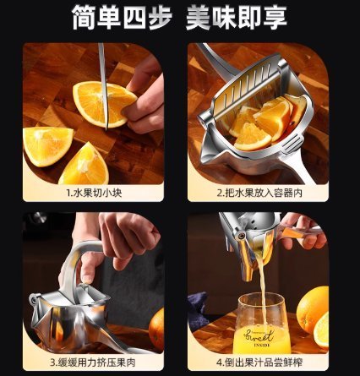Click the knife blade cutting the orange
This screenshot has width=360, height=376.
[103, 84]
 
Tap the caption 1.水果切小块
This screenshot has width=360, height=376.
[94, 193]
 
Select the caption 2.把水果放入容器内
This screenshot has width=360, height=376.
[259, 193]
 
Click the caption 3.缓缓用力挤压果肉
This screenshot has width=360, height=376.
[93, 362]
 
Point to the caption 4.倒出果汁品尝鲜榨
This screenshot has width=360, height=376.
[259, 362]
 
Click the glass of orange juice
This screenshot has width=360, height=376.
[262, 324]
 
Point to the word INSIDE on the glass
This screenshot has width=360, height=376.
[262, 345]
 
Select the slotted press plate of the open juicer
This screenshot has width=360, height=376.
[245, 84]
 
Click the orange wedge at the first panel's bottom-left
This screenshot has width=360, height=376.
[47, 146]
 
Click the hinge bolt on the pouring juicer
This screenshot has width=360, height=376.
[240, 235]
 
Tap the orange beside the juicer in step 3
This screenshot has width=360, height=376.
[156, 329]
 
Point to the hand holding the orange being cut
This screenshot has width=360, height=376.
[141, 99]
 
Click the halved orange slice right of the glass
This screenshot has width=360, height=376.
[322, 330]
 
